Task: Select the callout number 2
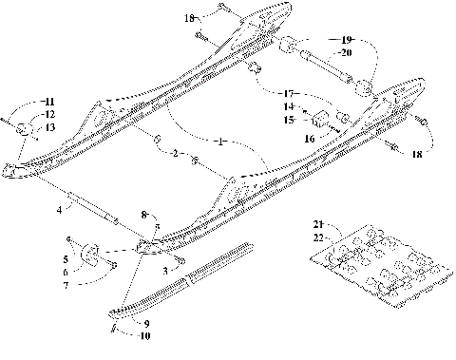(172, 153)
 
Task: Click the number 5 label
(65, 257)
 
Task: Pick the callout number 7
(66, 286)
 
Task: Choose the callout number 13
(50, 126)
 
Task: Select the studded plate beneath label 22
(380, 275)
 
